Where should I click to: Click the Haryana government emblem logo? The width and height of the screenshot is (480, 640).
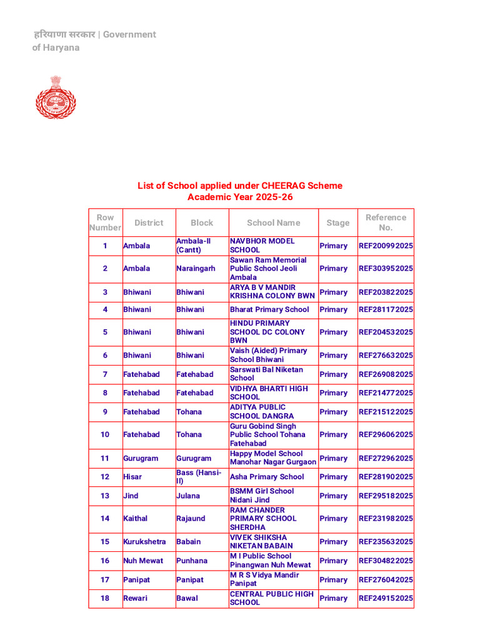55,97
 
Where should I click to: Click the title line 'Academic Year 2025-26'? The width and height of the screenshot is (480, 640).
240,197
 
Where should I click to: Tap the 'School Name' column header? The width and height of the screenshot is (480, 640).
273,222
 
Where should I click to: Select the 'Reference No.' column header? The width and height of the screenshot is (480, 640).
386,222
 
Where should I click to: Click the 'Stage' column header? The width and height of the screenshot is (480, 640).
337,222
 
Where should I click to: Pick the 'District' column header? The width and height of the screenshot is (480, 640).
149,222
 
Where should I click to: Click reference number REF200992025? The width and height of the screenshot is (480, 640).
386,246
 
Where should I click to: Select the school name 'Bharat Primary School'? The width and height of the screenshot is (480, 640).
269,309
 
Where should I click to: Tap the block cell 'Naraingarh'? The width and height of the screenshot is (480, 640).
196,268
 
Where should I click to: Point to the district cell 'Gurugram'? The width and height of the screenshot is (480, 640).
141,458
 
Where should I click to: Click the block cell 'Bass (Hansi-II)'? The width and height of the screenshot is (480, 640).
199,477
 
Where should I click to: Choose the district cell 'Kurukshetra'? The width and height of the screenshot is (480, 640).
144,542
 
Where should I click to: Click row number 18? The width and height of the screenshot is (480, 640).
105,598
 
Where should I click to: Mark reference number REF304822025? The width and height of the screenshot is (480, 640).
386,561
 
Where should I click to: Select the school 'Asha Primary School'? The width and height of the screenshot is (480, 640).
267,477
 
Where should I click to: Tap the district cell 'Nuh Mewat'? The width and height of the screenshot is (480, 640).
143,561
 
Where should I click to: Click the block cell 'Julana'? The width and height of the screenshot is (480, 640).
188,496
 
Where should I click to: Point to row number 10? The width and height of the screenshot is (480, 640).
105,434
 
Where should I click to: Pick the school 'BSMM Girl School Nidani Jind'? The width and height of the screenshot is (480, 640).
262,496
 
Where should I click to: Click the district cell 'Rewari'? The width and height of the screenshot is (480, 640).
135,598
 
